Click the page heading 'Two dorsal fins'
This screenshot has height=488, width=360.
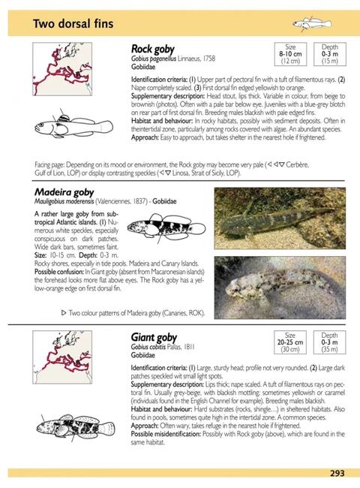[x=73, y=24]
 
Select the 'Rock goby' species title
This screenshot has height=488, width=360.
[x=154, y=49]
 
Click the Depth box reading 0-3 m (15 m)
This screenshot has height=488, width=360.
[x=329, y=53]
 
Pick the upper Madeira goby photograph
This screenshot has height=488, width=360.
[x=279, y=218]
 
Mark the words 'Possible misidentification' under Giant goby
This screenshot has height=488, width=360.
[x=165, y=434]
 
